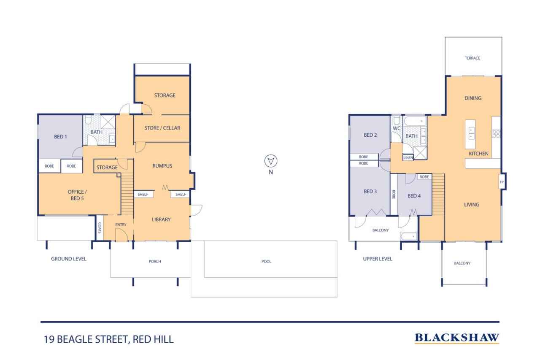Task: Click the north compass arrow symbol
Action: point(270,161)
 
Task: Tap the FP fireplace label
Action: point(502,182)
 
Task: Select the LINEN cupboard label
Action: point(408,157)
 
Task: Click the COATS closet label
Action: point(100,228)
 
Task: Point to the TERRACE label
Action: point(472,58)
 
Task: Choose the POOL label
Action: point(266,261)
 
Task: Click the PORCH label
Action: point(154,261)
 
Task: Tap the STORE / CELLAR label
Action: point(162,128)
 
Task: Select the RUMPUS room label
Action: point(162,166)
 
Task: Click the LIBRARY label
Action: point(161,219)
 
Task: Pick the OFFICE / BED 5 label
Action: point(77,195)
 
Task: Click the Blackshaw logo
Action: point(457,338)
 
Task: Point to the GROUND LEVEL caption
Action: point(68,259)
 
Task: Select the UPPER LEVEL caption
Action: point(378,259)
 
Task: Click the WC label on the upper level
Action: point(396,129)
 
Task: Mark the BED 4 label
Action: point(414,196)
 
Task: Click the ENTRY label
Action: point(121,225)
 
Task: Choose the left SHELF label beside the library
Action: point(143,194)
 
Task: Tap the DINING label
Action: point(473,98)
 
